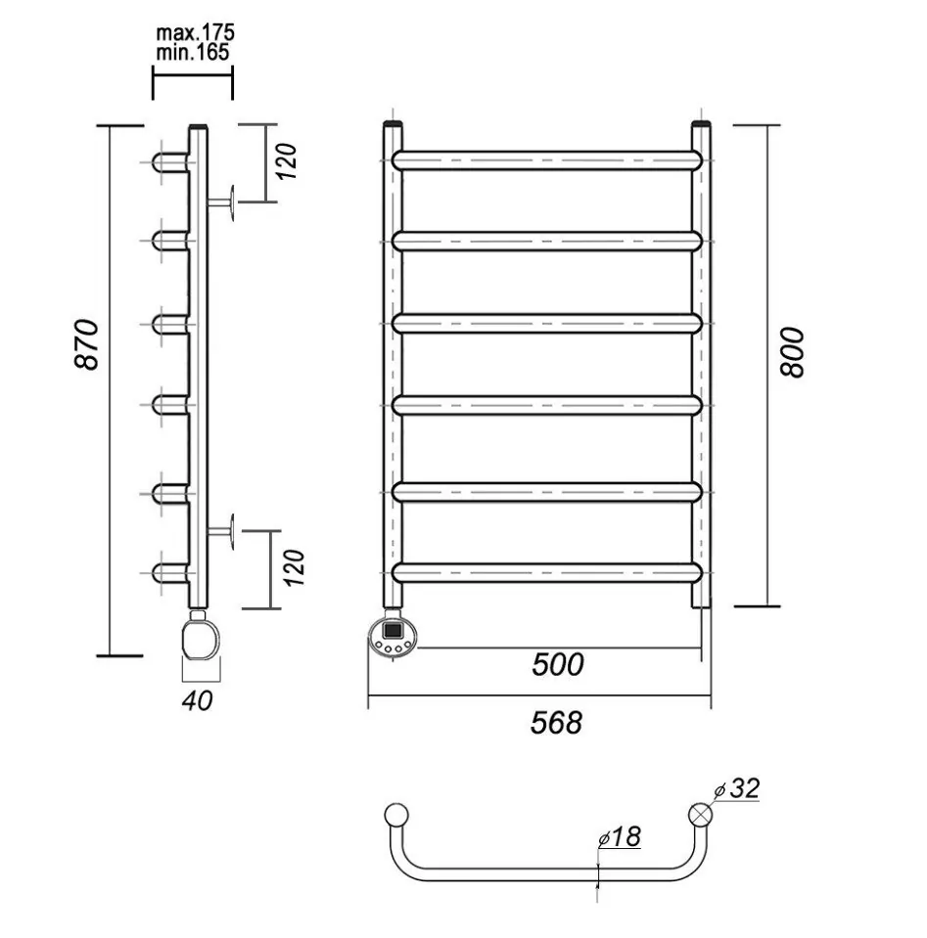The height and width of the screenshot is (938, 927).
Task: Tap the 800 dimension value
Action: click(792, 352)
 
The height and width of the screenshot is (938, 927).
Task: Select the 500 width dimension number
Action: click(558, 664)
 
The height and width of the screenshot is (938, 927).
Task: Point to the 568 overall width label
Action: click(556, 723)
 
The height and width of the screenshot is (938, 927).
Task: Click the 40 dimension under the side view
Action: click(198, 700)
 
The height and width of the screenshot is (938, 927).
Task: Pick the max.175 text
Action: click(195, 33)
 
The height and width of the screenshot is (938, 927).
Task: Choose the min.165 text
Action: click(192, 53)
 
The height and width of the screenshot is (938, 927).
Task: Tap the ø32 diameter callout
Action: click(738, 788)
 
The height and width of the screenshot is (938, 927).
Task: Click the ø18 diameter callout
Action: click(620, 836)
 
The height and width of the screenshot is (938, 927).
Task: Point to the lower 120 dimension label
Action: click(294, 568)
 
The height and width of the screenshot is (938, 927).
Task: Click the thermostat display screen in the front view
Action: click(393, 629)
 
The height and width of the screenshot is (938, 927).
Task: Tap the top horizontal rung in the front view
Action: click(547, 160)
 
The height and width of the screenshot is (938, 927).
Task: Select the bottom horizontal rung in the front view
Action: click(547, 572)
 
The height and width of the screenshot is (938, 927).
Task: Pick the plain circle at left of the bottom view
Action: click(395, 815)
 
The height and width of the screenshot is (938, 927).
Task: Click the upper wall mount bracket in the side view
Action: click(221, 202)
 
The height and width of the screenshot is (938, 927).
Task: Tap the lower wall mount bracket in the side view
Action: click(221, 530)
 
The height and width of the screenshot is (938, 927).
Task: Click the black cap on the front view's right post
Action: click(701, 124)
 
